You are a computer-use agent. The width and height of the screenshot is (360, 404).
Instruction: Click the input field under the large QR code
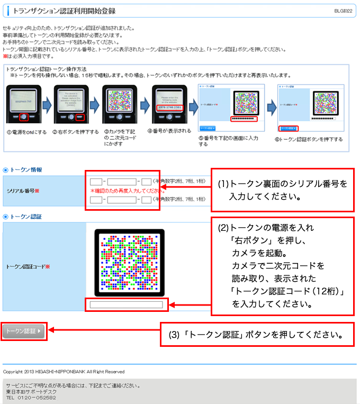coord(126,304)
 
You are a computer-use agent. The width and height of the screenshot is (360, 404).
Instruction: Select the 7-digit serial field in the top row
coord(122,182)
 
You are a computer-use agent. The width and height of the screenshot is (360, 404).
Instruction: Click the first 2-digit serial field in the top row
coord(96,182)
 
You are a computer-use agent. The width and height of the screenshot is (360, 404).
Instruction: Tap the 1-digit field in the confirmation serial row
coord(147,200)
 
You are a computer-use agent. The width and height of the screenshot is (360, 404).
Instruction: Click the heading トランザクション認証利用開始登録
coord(64,11)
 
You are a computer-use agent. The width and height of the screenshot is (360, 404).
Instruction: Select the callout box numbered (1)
coord(283,189)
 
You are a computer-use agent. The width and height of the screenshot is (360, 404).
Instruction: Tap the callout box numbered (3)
coord(256,335)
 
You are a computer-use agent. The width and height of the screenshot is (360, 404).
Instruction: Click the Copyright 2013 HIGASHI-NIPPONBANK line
coord(64,372)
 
